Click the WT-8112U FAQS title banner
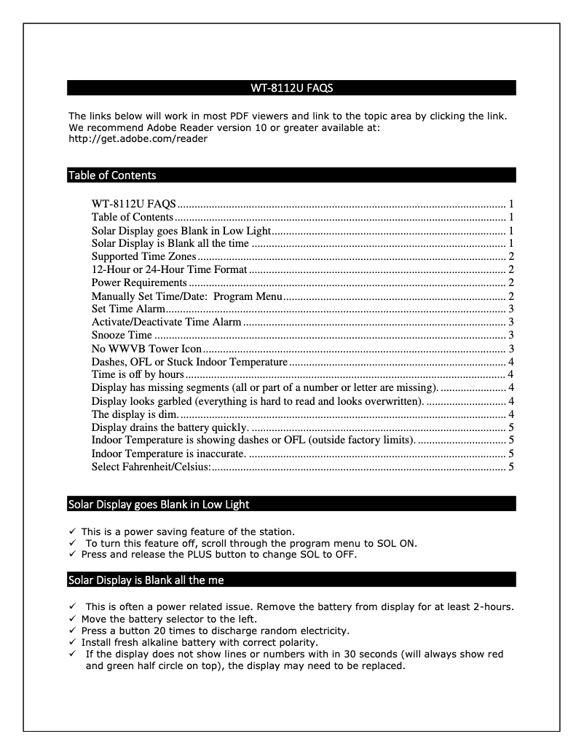click(291, 88)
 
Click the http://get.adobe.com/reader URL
click(138, 138)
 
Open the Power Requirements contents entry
click(139, 282)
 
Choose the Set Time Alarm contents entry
click(128, 309)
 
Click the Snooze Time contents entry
click(122, 335)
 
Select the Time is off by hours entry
click(138, 374)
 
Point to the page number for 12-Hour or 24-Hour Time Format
click(512, 269)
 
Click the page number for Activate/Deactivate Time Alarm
click(512, 322)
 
